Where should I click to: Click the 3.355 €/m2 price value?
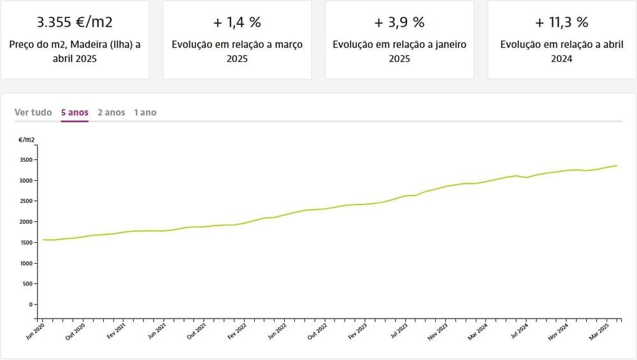[75, 22]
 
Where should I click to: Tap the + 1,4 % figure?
[237, 22]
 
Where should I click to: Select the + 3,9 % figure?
[399, 22]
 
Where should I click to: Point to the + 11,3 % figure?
[562, 22]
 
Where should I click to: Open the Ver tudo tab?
[33, 112]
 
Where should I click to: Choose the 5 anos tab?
[75, 112]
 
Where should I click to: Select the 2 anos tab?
[111, 112]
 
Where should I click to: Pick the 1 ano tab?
[145, 112]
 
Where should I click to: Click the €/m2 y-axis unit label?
[27, 138]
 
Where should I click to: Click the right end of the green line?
[617, 166]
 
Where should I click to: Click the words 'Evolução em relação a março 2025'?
[237, 52]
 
